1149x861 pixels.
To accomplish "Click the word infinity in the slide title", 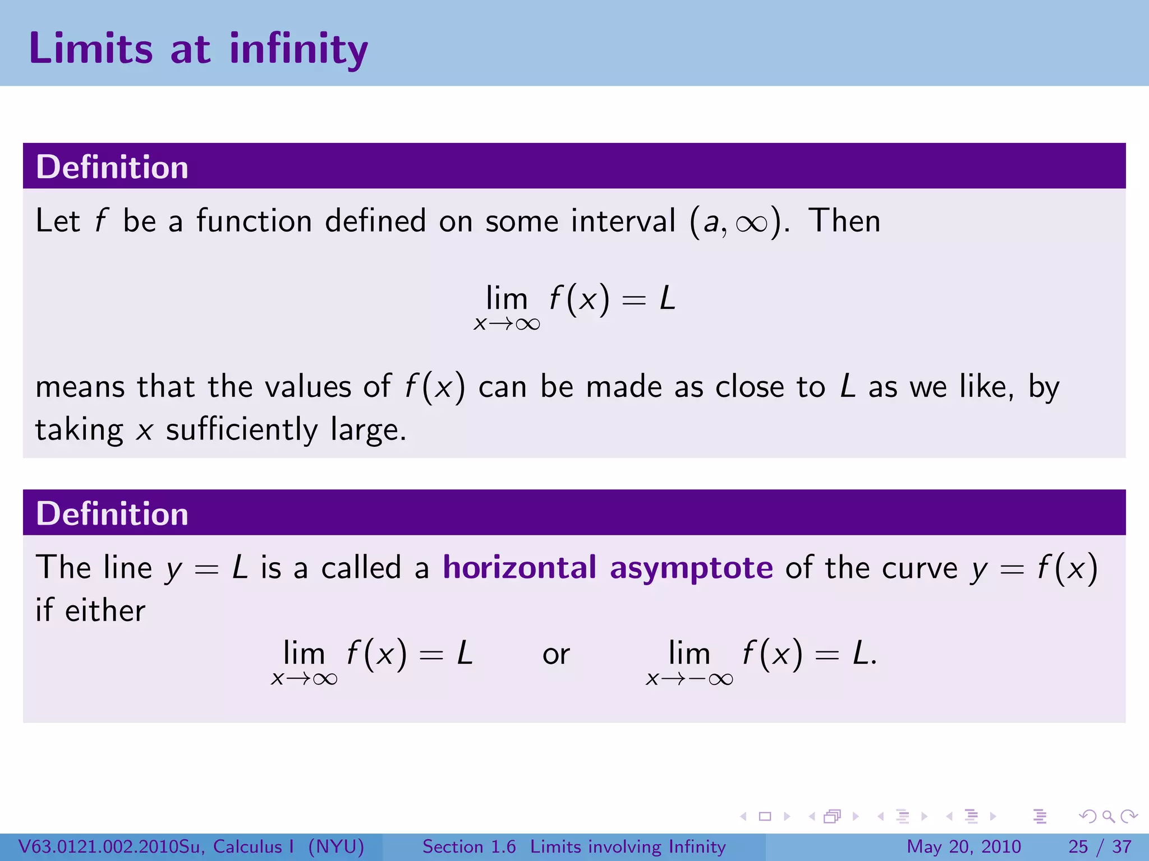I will point(298,49).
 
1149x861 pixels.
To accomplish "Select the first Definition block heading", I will point(112,167).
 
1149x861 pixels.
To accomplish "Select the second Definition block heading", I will point(112,513).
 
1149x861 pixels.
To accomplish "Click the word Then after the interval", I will point(844,220).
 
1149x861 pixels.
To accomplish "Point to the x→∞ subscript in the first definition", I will point(507,324).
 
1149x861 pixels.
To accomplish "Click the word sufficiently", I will point(242,430).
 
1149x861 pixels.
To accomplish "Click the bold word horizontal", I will point(520,567).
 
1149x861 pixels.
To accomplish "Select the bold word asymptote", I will point(691,568).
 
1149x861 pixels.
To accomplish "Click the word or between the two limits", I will point(556,655).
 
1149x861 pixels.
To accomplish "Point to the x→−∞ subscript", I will point(690,679).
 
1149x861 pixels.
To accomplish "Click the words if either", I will point(90,610).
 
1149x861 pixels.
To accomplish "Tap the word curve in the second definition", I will point(920,568).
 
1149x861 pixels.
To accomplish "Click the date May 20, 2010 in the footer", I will point(963,846).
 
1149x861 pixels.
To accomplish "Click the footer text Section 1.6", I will point(468,846).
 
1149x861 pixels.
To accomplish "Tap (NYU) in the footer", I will point(336,846).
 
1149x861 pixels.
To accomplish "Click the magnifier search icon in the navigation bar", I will point(1108,816).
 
